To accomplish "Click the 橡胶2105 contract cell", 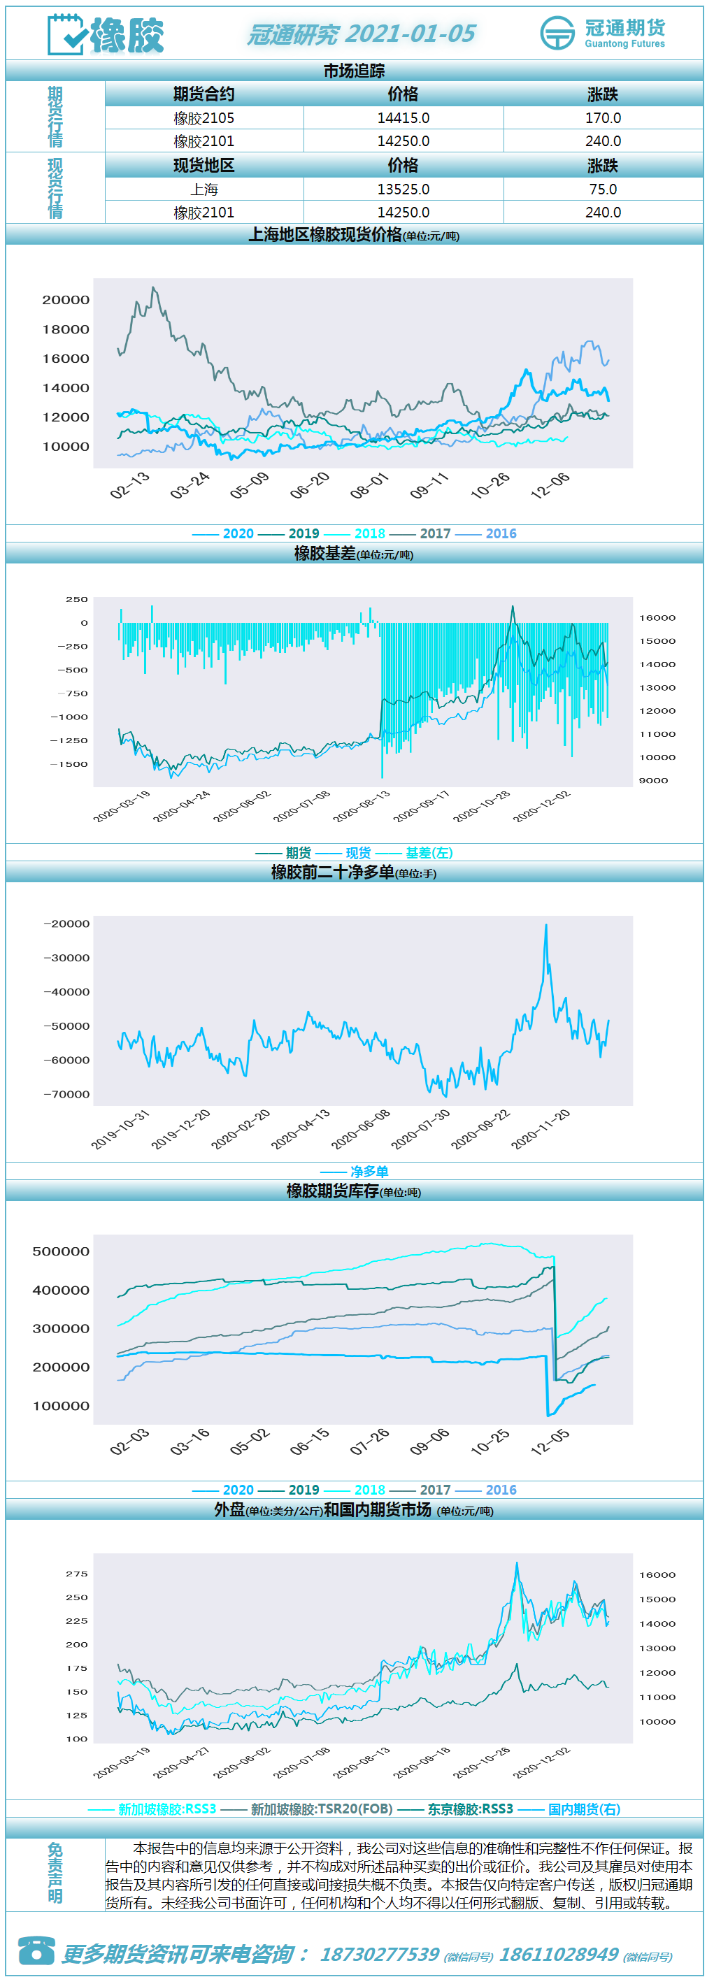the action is click(204, 118).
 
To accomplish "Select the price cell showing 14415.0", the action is click(404, 118).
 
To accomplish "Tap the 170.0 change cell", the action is click(603, 118).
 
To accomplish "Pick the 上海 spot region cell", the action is click(204, 189).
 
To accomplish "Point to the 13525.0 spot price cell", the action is click(404, 189).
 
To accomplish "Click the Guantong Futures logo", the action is click(602, 33).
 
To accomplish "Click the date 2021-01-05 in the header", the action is click(410, 34).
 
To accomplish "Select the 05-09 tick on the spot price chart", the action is click(250, 484).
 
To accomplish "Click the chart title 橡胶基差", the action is click(325, 553).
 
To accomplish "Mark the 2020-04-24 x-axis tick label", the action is click(181, 806).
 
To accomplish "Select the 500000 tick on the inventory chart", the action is click(61, 1251).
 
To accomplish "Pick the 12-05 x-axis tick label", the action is click(550, 1441).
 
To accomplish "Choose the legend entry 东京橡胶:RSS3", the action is click(455, 1809).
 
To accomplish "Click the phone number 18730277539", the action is click(379, 1954).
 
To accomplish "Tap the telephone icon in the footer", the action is click(36, 1950).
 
